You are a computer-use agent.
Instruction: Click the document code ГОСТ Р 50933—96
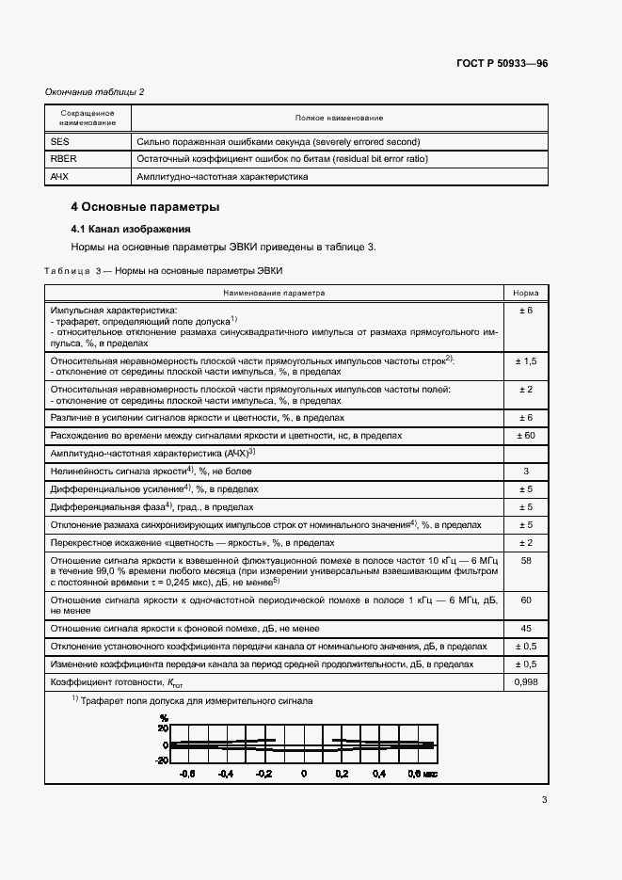[502, 63]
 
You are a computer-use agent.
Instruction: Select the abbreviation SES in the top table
[58, 141]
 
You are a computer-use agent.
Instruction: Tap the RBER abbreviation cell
[62, 159]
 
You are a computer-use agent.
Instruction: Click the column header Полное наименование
[339, 118]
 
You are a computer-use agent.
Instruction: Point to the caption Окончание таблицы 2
[95, 91]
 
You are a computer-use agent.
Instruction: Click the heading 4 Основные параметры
[146, 206]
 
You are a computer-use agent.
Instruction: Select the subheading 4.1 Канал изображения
[131, 229]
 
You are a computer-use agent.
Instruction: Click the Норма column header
[526, 293]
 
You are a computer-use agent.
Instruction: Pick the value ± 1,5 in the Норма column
[526, 361]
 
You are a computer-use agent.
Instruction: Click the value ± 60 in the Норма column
[526, 436]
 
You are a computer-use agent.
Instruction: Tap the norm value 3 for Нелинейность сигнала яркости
[526, 471]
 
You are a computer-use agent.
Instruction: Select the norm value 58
[526, 560]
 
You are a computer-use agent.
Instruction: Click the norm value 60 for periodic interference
[526, 600]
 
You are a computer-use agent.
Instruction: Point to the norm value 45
[526, 629]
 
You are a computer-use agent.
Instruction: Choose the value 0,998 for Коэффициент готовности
[526, 681]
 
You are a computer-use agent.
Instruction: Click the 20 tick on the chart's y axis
[163, 728]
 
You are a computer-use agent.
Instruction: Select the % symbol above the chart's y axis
[164, 718]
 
